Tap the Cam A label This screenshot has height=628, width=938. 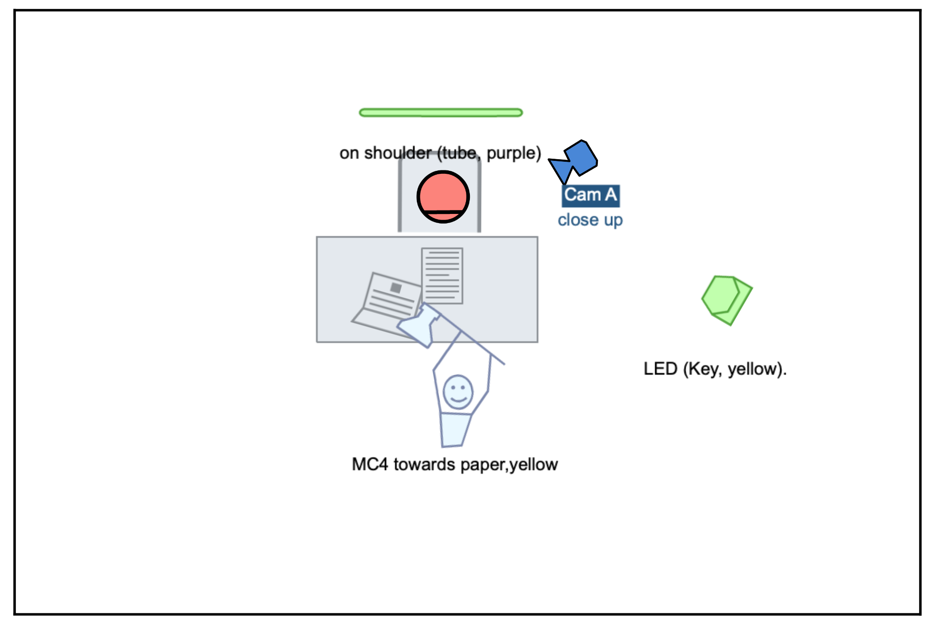click(591, 195)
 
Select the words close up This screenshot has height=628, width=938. click(590, 220)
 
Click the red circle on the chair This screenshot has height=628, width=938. click(443, 197)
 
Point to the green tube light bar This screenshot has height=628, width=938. click(441, 113)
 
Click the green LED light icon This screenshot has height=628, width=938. click(727, 300)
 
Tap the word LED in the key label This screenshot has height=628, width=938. click(660, 369)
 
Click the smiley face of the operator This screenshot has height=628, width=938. click(458, 392)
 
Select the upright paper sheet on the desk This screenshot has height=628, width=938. click(442, 276)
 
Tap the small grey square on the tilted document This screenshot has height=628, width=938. click(396, 288)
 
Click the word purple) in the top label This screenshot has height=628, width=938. click(514, 154)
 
